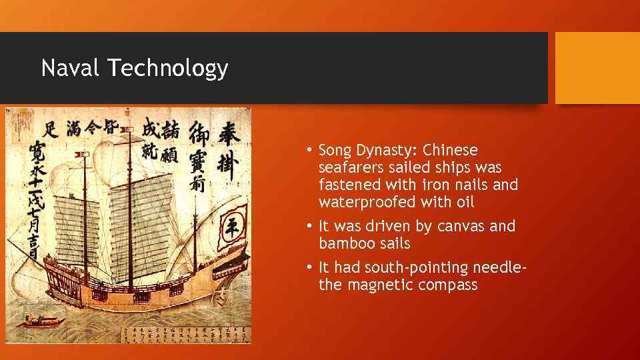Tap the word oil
coord(465,201)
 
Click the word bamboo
coord(344,243)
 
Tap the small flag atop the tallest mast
coord(84,155)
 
